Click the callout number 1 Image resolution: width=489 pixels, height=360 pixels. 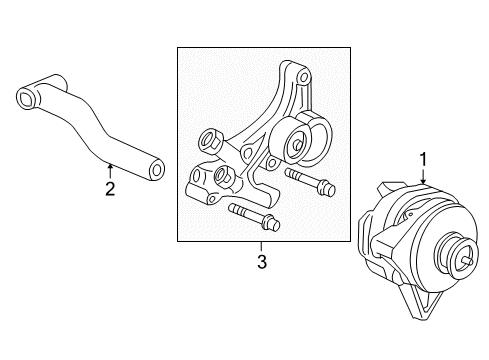[423, 159]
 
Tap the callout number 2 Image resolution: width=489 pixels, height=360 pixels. [110, 189]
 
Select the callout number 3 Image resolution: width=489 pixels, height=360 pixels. [262, 261]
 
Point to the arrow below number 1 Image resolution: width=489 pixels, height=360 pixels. [423, 176]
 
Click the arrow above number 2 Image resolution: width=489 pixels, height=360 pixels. [110, 171]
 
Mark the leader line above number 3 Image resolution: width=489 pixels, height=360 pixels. [262, 247]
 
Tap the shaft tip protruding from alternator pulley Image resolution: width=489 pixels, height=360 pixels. [468, 262]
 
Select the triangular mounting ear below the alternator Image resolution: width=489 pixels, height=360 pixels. [423, 302]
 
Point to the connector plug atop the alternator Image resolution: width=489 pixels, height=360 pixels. [391, 188]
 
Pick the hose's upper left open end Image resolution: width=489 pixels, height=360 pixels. [27, 97]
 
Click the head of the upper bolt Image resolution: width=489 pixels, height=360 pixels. [326, 188]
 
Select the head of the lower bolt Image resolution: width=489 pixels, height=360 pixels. [270, 223]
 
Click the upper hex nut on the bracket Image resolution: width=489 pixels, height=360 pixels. [209, 140]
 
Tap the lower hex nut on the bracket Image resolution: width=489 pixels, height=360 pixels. [222, 174]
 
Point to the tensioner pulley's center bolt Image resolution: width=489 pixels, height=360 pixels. [298, 145]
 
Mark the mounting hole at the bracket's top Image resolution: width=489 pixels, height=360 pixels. [304, 78]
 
